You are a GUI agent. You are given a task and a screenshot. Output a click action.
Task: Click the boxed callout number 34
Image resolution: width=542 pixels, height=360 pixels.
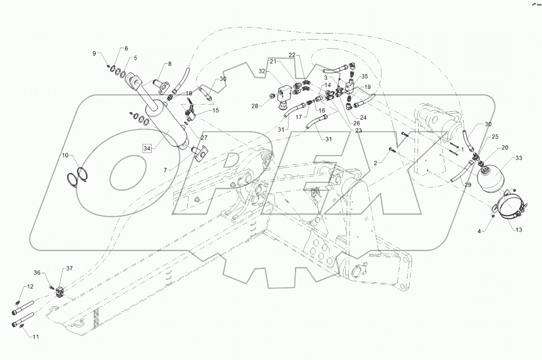pos(147,148)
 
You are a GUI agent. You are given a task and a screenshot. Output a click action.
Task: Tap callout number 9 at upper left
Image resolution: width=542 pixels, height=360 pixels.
pos(94,54)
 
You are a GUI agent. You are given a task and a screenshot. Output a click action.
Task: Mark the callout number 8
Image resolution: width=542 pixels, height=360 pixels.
pos(170,64)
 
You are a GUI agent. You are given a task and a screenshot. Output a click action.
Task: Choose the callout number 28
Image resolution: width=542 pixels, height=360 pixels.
pos(255,106)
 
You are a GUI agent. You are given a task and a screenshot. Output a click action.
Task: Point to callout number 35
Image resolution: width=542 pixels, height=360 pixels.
pos(364,76)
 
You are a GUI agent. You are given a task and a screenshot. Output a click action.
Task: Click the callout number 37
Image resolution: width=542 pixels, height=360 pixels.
pos(69,269)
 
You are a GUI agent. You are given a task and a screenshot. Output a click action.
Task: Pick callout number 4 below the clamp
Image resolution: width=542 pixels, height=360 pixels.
pos(479,231)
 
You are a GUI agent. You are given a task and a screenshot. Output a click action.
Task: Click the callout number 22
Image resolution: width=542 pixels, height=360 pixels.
pos(292,55)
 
